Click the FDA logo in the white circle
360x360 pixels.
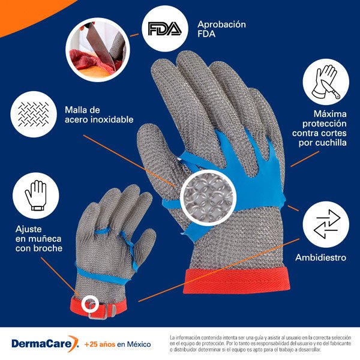click(x=164, y=29)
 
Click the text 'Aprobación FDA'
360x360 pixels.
click(x=221, y=29)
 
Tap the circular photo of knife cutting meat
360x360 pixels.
click(x=98, y=50)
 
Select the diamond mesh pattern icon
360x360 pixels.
click(x=34, y=114)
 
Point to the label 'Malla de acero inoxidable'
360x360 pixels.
click(x=99, y=115)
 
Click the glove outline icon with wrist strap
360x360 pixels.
click(x=35, y=196)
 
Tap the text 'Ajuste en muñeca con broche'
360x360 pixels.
click(x=39, y=239)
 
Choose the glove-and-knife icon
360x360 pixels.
click(x=326, y=82)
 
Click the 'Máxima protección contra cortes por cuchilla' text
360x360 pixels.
click(x=319, y=128)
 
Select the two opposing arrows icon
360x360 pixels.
click(x=326, y=224)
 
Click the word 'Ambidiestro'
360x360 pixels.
click(x=320, y=257)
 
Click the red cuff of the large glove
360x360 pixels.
click(x=236, y=281)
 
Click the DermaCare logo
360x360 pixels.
click(x=46, y=343)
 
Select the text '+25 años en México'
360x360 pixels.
click(x=118, y=344)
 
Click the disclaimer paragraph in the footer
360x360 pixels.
click(x=260, y=343)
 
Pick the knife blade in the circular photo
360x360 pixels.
click(x=102, y=47)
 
